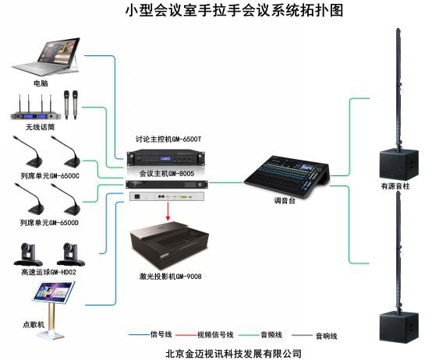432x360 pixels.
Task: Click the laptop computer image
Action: tap(47, 57)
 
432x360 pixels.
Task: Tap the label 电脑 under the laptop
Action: tap(41, 83)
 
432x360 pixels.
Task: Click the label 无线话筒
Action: tap(40, 127)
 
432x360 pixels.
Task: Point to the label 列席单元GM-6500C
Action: tap(50, 175)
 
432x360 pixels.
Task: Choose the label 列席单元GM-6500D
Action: tap(49, 222)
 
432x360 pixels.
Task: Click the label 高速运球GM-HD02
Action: tap(48, 272)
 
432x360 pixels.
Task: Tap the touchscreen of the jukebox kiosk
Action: tap(54, 291)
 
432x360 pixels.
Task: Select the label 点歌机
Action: tap(34, 324)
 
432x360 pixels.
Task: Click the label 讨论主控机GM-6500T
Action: tap(168, 139)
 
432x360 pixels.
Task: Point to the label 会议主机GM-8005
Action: tap(167, 174)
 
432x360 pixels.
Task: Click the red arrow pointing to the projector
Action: tap(168, 210)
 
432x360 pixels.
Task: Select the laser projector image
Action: tap(169, 245)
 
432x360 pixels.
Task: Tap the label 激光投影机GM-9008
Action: tap(171, 276)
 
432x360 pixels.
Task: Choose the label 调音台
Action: tap(285, 200)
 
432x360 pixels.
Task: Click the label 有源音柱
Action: tap(395, 186)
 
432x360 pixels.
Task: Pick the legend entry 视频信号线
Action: tap(215, 335)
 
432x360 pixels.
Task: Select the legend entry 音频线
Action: tap(271, 335)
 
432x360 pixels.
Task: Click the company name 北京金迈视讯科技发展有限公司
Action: tap(233, 354)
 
